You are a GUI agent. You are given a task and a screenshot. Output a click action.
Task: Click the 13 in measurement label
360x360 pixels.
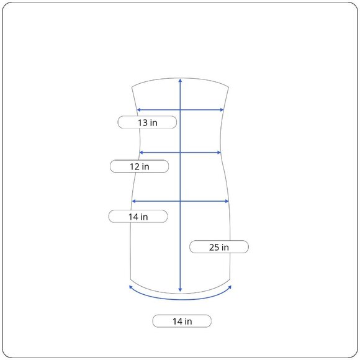click(147, 122)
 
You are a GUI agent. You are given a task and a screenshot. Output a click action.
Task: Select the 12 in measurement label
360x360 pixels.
click(140, 166)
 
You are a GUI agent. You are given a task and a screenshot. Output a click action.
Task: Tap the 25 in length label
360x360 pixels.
click(219, 247)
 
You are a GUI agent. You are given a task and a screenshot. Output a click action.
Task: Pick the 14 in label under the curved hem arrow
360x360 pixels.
click(182, 321)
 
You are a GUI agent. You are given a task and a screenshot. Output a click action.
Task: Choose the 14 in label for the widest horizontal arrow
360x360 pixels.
click(138, 217)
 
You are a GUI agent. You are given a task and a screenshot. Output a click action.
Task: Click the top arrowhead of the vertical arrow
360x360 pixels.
click(180, 80)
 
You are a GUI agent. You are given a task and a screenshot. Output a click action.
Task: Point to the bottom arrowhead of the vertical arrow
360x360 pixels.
click(180, 290)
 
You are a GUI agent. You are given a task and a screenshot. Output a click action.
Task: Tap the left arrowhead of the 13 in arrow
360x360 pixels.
click(138, 110)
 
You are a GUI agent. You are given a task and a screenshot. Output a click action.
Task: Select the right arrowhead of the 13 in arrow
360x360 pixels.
click(222, 110)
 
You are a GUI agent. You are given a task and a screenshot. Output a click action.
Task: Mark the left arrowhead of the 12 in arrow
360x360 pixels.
click(141, 153)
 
